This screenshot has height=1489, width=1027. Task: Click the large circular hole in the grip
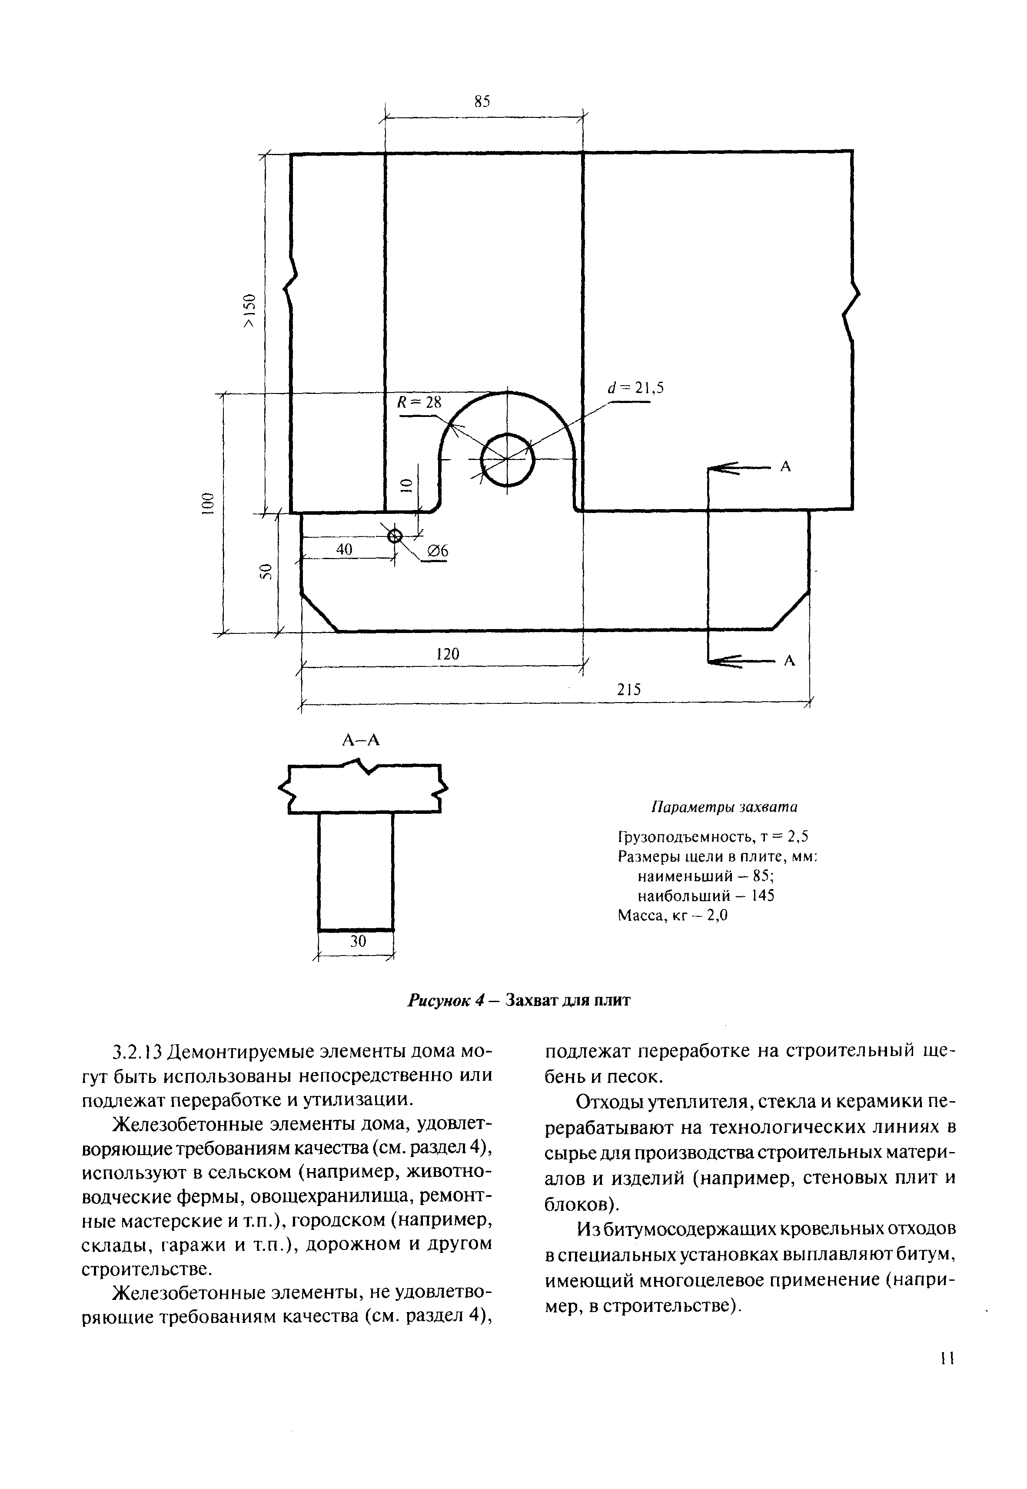(507, 460)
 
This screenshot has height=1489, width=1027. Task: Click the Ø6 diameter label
(438, 551)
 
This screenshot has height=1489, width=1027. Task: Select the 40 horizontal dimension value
(344, 549)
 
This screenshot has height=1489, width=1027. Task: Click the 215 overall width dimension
(629, 690)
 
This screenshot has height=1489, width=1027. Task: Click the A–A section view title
(361, 741)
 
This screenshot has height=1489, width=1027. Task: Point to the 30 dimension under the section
(358, 941)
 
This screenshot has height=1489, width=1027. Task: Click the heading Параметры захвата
(725, 806)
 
